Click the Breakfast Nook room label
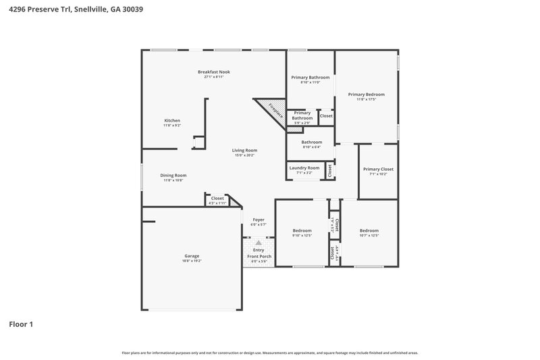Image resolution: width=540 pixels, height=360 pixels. (213, 72)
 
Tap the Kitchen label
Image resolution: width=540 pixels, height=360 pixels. (171, 121)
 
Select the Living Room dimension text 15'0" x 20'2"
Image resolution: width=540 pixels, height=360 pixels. (244, 155)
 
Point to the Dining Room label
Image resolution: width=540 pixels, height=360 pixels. (173, 176)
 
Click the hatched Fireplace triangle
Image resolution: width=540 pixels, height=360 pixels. (271, 110)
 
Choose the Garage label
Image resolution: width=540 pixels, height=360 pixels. (192, 256)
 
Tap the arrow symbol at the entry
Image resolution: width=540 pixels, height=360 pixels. (258, 242)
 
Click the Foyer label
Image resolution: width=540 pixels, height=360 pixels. (259, 220)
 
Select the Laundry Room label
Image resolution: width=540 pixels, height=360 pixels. (304, 168)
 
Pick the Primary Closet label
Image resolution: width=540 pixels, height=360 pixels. (377, 169)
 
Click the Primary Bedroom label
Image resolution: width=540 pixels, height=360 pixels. (367, 95)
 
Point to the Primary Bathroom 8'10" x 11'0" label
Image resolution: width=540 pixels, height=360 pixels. (310, 78)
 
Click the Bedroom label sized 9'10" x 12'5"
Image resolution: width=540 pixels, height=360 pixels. (302, 230)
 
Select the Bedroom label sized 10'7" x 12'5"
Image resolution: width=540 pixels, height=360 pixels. (369, 230)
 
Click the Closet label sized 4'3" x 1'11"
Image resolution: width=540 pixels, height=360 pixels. (217, 199)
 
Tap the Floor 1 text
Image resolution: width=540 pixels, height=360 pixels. (21, 324)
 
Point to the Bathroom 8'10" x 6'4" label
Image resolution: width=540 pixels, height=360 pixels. (311, 143)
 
